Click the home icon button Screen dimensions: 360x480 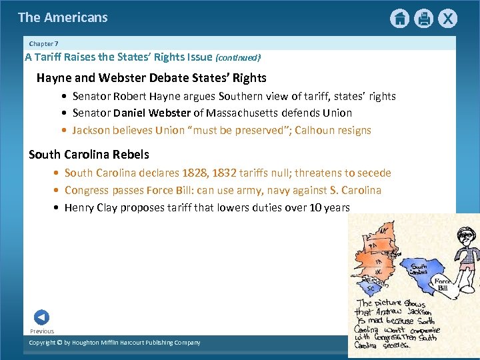pos(399,18)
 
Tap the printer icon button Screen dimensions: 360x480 pos(423,18)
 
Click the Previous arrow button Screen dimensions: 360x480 pos(41,317)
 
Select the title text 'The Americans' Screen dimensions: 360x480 pos(63,17)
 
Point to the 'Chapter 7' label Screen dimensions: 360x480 pos(43,44)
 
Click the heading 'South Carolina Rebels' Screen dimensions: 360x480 pos(89,154)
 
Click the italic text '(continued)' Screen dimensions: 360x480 pos(238,58)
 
